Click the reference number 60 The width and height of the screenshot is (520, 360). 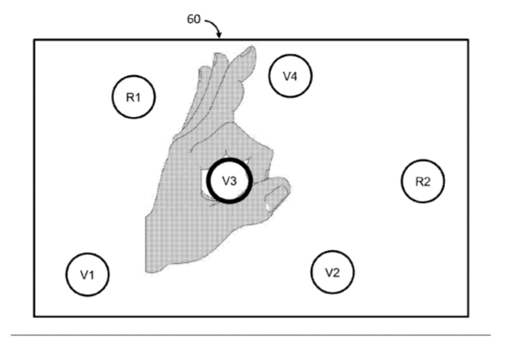pyautogui.click(x=194, y=20)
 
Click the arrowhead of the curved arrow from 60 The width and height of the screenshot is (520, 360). pyautogui.click(x=219, y=36)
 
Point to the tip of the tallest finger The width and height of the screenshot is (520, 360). pyautogui.click(x=252, y=48)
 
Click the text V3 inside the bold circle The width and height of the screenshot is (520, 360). pyautogui.click(x=229, y=181)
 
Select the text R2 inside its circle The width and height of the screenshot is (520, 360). pyautogui.click(x=423, y=182)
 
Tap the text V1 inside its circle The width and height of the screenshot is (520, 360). pyautogui.click(x=88, y=275)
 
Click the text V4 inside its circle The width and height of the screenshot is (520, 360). pyautogui.click(x=290, y=76)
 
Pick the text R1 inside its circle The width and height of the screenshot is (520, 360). pyautogui.click(x=134, y=97)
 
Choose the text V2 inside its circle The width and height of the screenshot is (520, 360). pyautogui.click(x=332, y=272)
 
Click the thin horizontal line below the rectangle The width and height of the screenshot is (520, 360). pyautogui.click(x=251, y=335)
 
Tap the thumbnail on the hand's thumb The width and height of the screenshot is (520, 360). pyautogui.click(x=276, y=199)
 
